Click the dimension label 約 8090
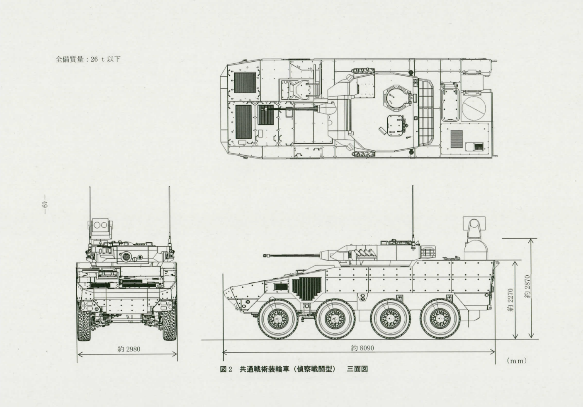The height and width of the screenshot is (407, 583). [362, 348]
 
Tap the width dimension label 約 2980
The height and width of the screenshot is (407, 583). [129, 349]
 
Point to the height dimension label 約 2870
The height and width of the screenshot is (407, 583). [527, 287]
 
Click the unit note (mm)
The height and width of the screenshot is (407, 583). [517, 361]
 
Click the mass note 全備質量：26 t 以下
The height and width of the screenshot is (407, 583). [88, 59]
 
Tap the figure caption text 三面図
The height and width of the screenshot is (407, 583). [357, 369]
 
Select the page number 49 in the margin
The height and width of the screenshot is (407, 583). [44, 204]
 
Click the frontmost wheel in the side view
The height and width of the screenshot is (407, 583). [278, 319]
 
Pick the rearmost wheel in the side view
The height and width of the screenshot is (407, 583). [440, 319]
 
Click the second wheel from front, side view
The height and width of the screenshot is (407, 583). [335, 319]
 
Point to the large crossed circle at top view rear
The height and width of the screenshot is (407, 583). [474, 108]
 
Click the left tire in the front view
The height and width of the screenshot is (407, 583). [84, 321]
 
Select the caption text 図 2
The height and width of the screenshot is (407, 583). [226, 369]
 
